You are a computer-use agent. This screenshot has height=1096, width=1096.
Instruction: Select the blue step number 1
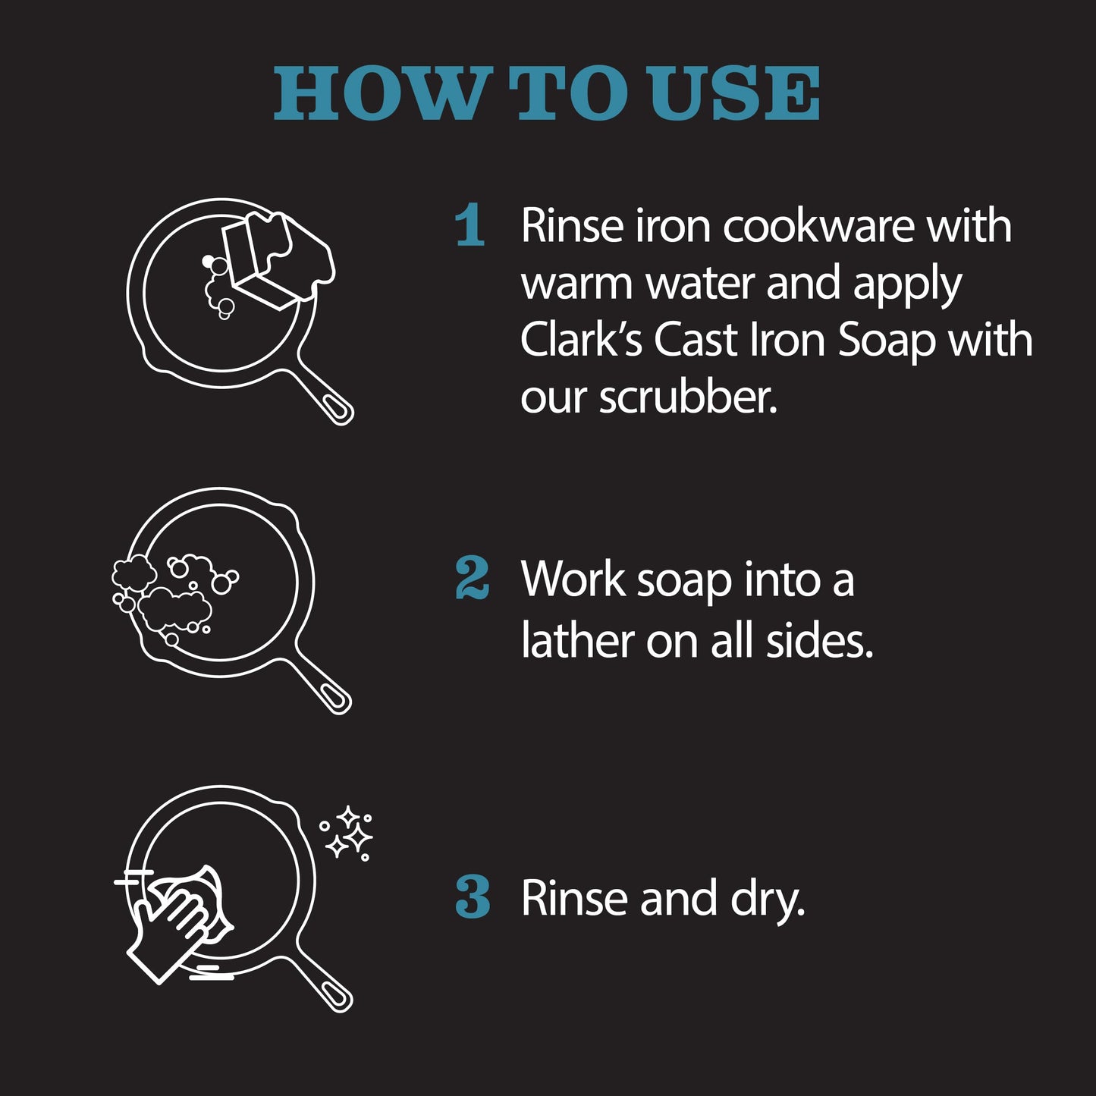coord(471,225)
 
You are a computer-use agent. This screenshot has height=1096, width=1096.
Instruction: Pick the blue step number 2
coord(473,579)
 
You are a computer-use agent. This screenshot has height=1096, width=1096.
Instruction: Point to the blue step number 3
coord(473,897)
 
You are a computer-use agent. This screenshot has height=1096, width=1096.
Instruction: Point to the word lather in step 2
coord(577,641)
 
